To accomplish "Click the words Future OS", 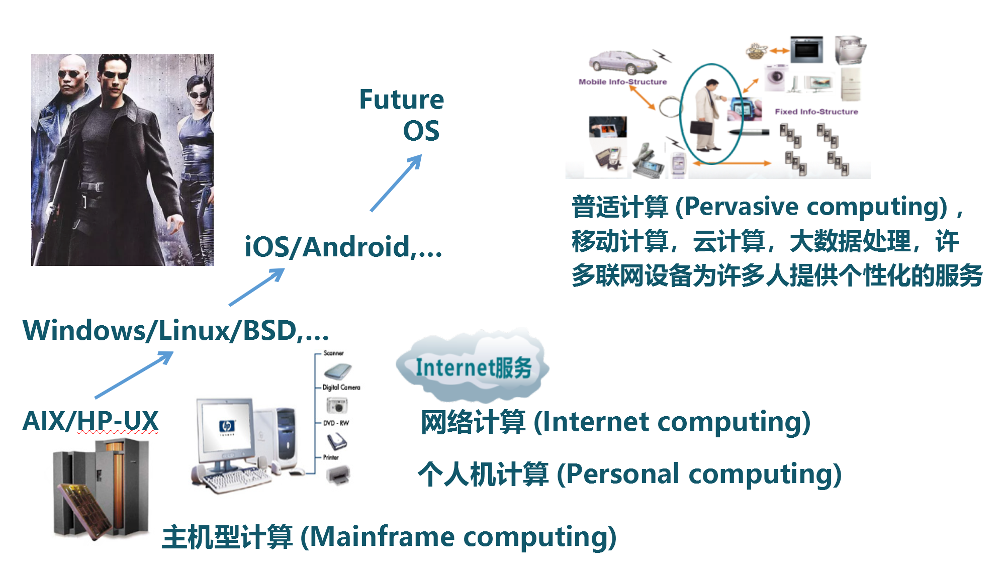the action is click(402, 115).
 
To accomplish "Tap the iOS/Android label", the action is click(343, 247).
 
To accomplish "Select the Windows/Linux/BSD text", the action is click(175, 331).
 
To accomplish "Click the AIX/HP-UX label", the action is click(90, 421).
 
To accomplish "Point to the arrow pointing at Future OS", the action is click(396, 183).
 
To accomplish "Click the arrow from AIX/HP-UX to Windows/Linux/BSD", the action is click(134, 374).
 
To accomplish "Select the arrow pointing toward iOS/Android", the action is click(256, 287).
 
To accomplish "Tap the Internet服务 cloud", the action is click(473, 367).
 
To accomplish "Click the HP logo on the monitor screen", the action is click(227, 426).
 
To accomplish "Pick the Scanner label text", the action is click(333, 353).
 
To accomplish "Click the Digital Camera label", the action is click(341, 388).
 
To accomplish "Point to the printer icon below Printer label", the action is click(338, 475).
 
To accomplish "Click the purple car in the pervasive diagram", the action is click(622, 63).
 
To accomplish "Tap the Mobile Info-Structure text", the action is click(622, 82).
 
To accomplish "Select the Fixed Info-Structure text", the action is click(816, 112).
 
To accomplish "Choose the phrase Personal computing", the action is click(699, 474).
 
